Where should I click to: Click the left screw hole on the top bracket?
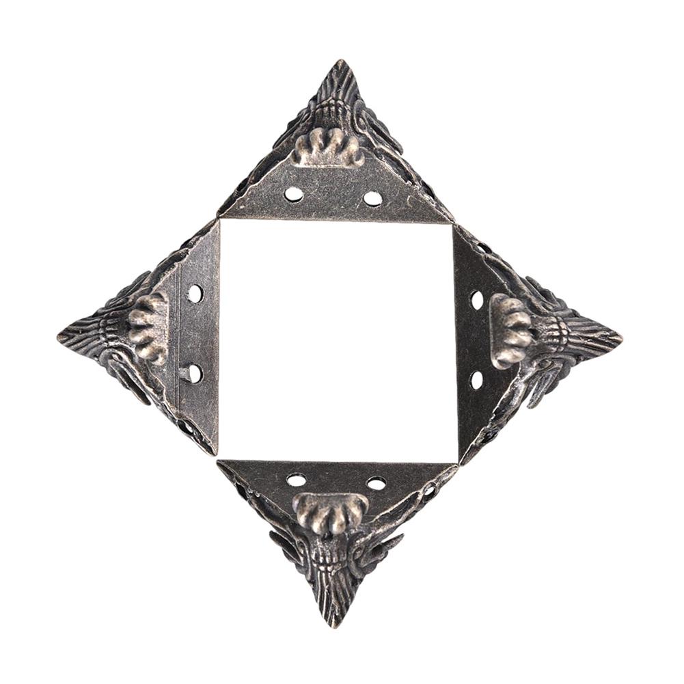(x=294, y=194)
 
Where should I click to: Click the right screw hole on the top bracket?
(x=372, y=199)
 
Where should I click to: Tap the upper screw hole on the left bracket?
(x=195, y=294)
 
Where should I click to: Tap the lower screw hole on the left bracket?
(x=195, y=373)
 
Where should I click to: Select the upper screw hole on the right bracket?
(x=477, y=299)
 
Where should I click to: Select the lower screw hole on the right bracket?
(x=477, y=380)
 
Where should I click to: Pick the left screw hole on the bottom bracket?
(x=297, y=480)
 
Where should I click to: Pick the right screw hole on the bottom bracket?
(x=377, y=483)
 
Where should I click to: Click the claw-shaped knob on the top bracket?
(x=329, y=147)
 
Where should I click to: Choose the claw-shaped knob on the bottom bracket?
(x=331, y=512)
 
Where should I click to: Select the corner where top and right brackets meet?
(x=453, y=222)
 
